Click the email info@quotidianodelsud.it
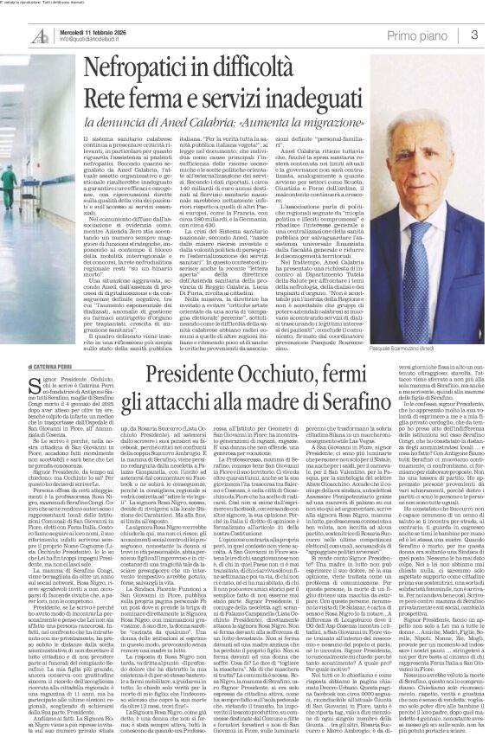pos(89,39)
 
